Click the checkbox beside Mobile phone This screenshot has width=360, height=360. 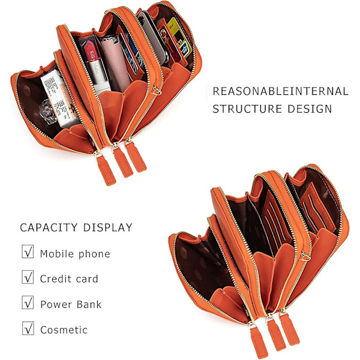[x=28, y=251]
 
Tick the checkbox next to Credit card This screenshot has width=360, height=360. [x=28, y=277]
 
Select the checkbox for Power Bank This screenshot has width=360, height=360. [x=28, y=302]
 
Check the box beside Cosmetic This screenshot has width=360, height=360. [x=28, y=328]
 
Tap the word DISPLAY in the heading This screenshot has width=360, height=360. [x=107, y=227]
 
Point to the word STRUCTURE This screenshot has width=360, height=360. [x=247, y=109]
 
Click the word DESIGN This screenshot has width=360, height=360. [x=310, y=109]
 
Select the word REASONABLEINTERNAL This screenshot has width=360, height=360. [x=280, y=91]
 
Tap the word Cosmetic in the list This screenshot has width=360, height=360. [x=64, y=330]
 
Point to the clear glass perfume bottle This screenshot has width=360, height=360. [x=48, y=112]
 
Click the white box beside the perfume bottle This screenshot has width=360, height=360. [x=59, y=98]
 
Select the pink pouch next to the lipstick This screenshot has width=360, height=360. [x=115, y=62]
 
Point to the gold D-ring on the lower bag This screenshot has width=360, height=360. [x=305, y=256]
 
